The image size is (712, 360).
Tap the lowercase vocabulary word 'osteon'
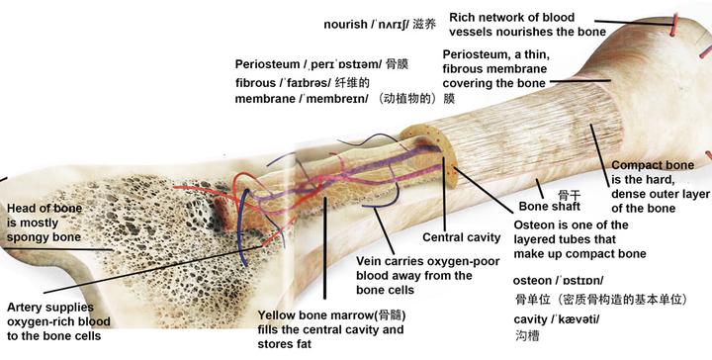(x=534, y=280)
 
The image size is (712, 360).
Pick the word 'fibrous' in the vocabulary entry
(x=257, y=82)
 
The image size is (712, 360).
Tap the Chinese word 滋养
(x=422, y=24)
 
